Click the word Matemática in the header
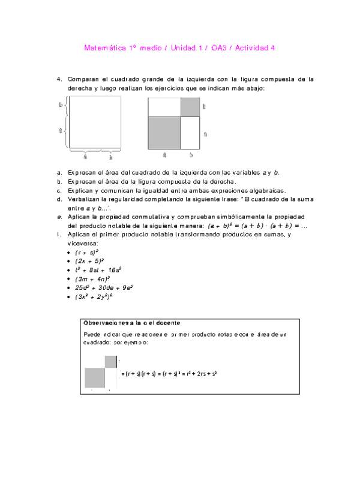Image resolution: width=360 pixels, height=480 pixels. click(x=103, y=48)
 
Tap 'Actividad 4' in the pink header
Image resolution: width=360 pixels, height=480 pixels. click(x=254, y=48)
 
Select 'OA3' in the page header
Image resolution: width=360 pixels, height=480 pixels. click(x=221, y=48)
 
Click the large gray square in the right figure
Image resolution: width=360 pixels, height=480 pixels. click(x=164, y=132)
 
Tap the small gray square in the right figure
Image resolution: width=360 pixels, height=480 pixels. click(x=190, y=107)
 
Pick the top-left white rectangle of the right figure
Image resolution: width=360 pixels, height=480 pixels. click(x=164, y=107)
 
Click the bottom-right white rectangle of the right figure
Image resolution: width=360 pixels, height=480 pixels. click(x=190, y=132)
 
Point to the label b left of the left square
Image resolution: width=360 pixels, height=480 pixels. click(x=61, y=105)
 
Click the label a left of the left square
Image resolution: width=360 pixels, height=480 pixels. click(x=61, y=130)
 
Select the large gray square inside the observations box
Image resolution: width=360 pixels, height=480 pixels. click(x=95, y=377)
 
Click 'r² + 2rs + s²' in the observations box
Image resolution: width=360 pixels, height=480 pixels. click(x=199, y=373)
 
